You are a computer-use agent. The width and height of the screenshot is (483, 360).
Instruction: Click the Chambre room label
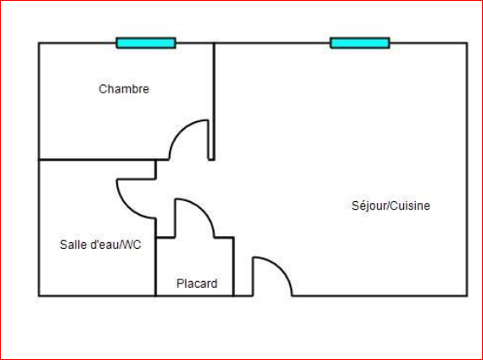pos(124,89)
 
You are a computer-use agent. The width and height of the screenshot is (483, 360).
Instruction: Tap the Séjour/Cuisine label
pos(390,205)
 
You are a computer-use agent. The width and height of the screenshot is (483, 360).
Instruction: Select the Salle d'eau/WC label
pos(100,245)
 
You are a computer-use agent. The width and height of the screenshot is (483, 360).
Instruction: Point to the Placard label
pos(197,284)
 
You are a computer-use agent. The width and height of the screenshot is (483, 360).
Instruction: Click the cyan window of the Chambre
pos(146,43)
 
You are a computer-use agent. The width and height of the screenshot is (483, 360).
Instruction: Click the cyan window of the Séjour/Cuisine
pos(360,43)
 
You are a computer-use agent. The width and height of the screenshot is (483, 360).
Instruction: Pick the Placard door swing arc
pos(204,209)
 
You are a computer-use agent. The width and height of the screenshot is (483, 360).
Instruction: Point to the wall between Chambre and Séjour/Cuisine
pos(214,101)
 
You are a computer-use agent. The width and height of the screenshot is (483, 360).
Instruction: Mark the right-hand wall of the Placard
pos(233,267)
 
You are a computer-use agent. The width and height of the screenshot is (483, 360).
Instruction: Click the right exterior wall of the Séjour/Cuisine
pos(467,170)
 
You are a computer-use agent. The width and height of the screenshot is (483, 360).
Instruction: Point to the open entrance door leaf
pos(253,277)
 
